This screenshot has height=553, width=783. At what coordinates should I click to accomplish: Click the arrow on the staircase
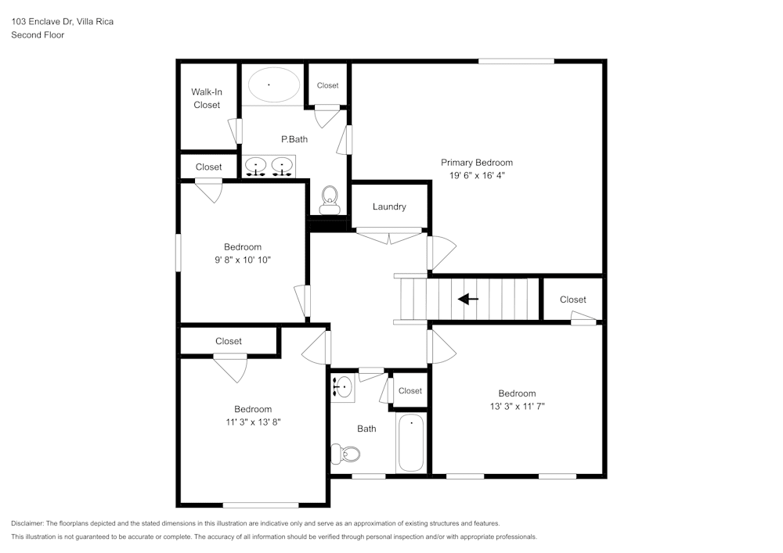tap(468, 299)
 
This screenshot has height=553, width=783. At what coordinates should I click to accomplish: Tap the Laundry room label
tap(389, 206)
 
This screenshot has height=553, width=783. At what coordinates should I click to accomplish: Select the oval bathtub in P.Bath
tap(270, 84)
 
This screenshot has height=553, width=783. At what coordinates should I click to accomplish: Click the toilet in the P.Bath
tap(329, 199)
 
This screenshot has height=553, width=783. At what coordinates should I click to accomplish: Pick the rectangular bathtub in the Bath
tap(410, 443)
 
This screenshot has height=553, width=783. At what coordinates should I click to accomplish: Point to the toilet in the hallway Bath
tap(345, 454)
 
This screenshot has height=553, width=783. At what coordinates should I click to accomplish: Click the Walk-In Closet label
tap(207, 99)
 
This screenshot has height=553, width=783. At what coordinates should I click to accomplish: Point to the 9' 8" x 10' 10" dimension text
tap(242, 260)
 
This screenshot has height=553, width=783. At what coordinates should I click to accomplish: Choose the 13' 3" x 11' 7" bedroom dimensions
tap(517, 406)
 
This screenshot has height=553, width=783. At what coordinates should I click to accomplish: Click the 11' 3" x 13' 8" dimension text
tap(253, 422)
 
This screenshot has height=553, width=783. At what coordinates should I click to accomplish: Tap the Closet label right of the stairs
tap(572, 300)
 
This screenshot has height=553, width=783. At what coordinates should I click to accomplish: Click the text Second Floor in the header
tap(38, 35)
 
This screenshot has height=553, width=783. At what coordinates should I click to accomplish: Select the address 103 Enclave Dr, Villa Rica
tap(62, 22)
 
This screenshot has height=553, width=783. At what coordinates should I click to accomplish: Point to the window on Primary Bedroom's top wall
tap(516, 61)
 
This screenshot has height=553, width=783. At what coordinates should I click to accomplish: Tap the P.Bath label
tap(294, 139)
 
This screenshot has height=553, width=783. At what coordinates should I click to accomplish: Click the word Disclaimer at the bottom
tap(27, 523)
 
